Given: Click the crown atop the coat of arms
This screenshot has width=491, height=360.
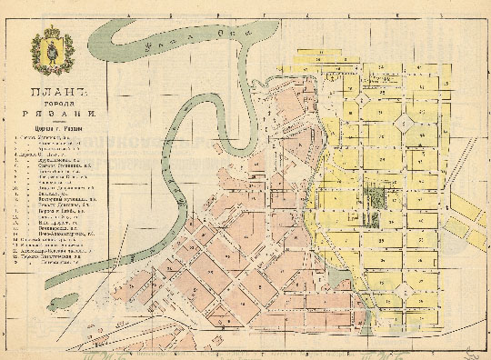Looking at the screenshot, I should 50,34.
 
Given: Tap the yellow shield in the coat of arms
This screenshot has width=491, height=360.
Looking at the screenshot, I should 50,52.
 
